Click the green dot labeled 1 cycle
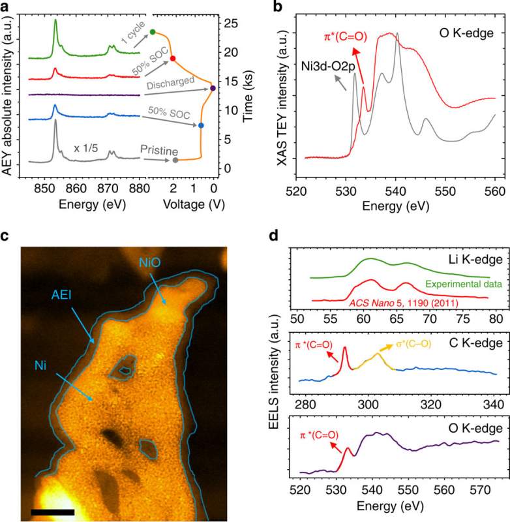tap(153, 31)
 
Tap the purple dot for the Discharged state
tap(213, 88)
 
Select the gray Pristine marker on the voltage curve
tap(175, 160)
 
